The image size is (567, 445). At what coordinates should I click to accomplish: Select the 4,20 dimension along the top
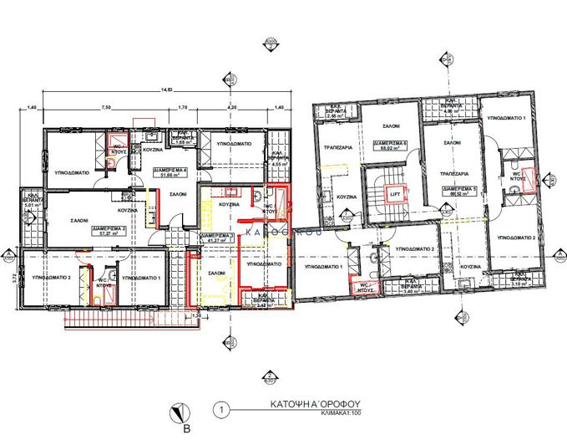[234, 108]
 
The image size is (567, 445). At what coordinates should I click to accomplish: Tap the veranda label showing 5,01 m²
[31, 198]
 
